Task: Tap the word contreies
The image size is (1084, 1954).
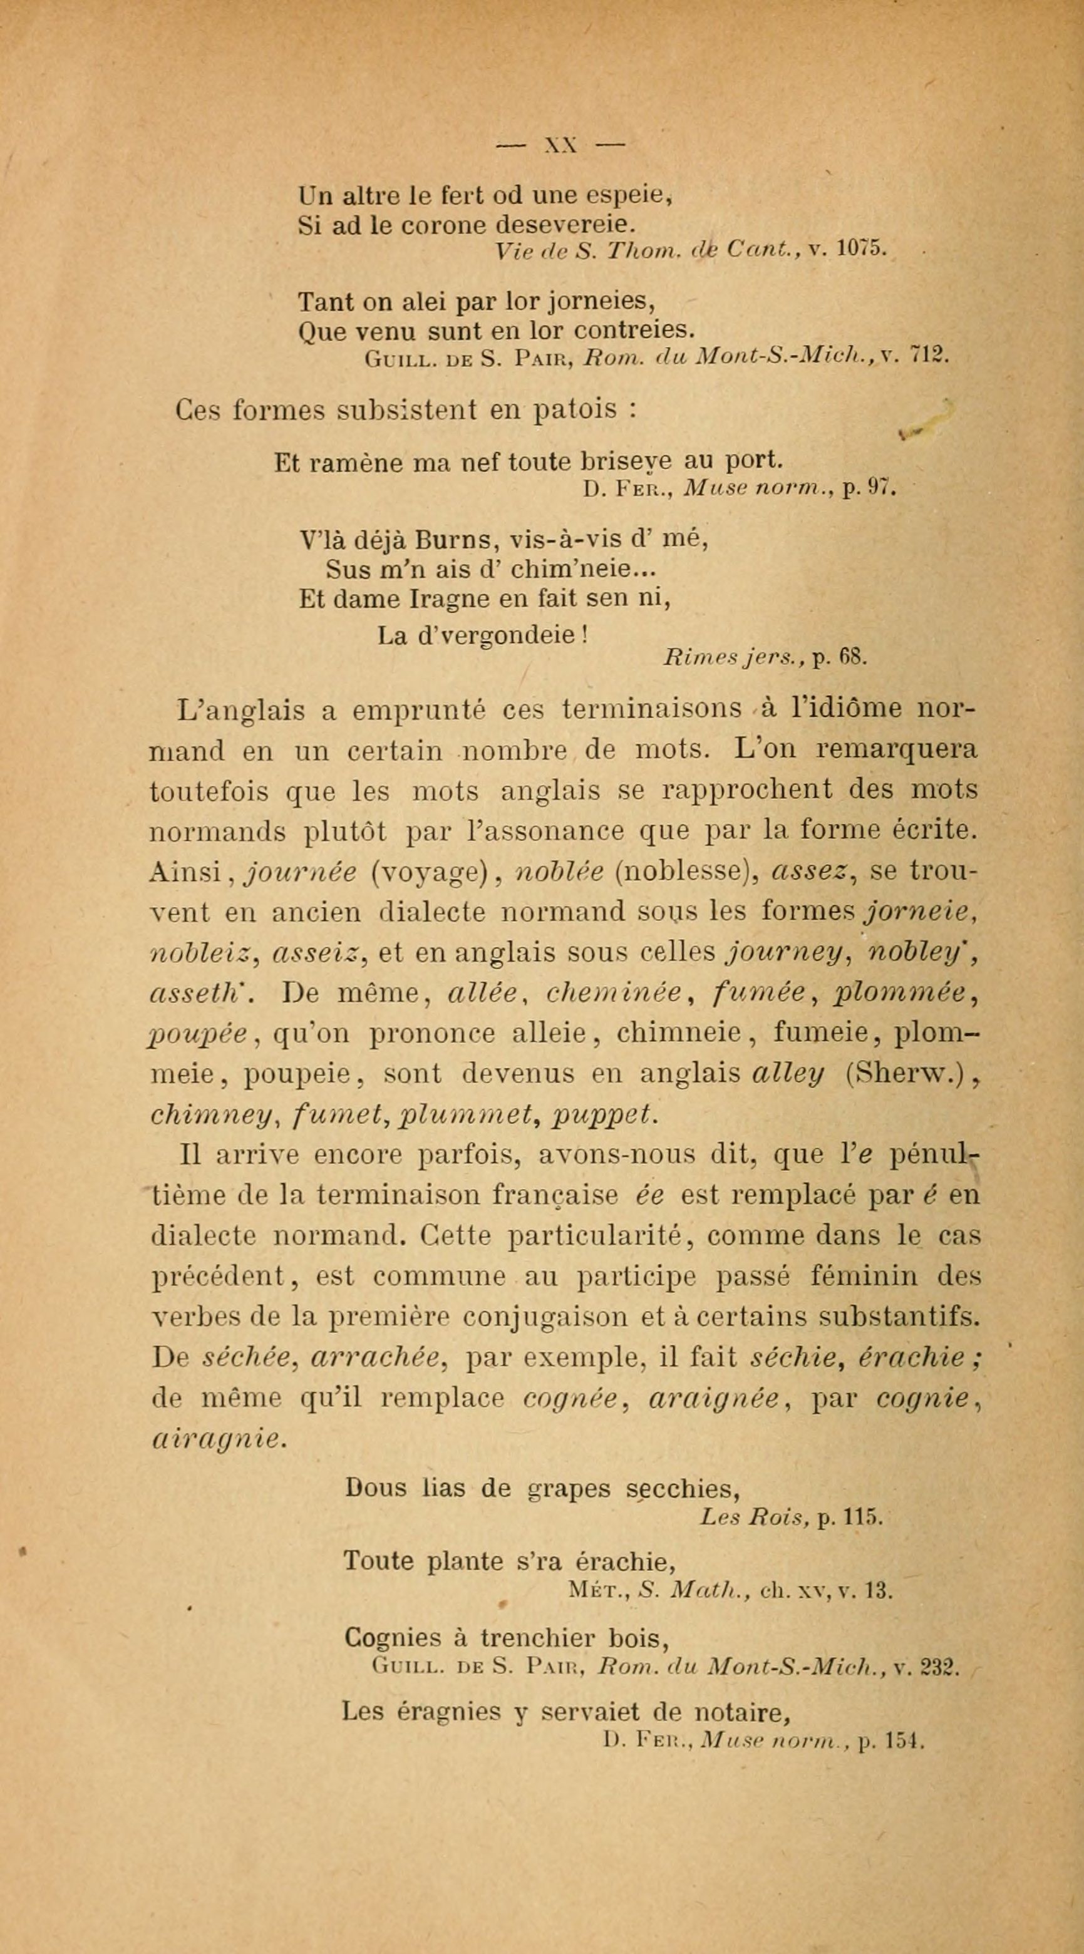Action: point(634,330)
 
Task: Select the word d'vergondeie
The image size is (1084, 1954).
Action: point(498,634)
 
